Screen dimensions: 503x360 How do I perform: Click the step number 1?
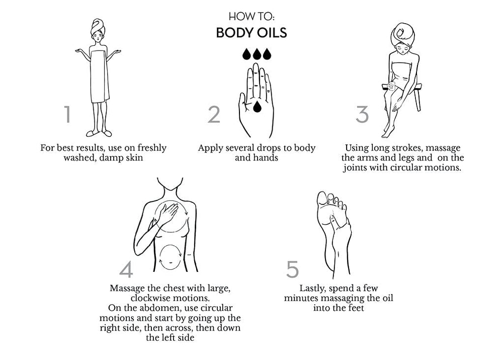point(67,114)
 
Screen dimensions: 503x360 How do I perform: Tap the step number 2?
point(214,115)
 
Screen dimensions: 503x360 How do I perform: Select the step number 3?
point(362,115)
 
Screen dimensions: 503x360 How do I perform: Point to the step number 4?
point(126,269)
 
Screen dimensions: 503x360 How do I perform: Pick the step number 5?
point(292,269)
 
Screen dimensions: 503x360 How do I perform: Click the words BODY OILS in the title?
point(251,33)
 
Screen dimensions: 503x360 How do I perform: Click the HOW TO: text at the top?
point(251,17)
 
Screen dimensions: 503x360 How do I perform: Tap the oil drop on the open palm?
point(257,107)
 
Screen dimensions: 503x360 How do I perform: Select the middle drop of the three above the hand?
point(257,54)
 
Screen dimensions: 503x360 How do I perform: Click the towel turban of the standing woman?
point(98,27)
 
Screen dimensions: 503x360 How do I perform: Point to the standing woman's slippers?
point(99,133)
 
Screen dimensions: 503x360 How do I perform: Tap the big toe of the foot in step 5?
point(322,198)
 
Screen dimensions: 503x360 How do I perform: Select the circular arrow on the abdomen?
point(171,257)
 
